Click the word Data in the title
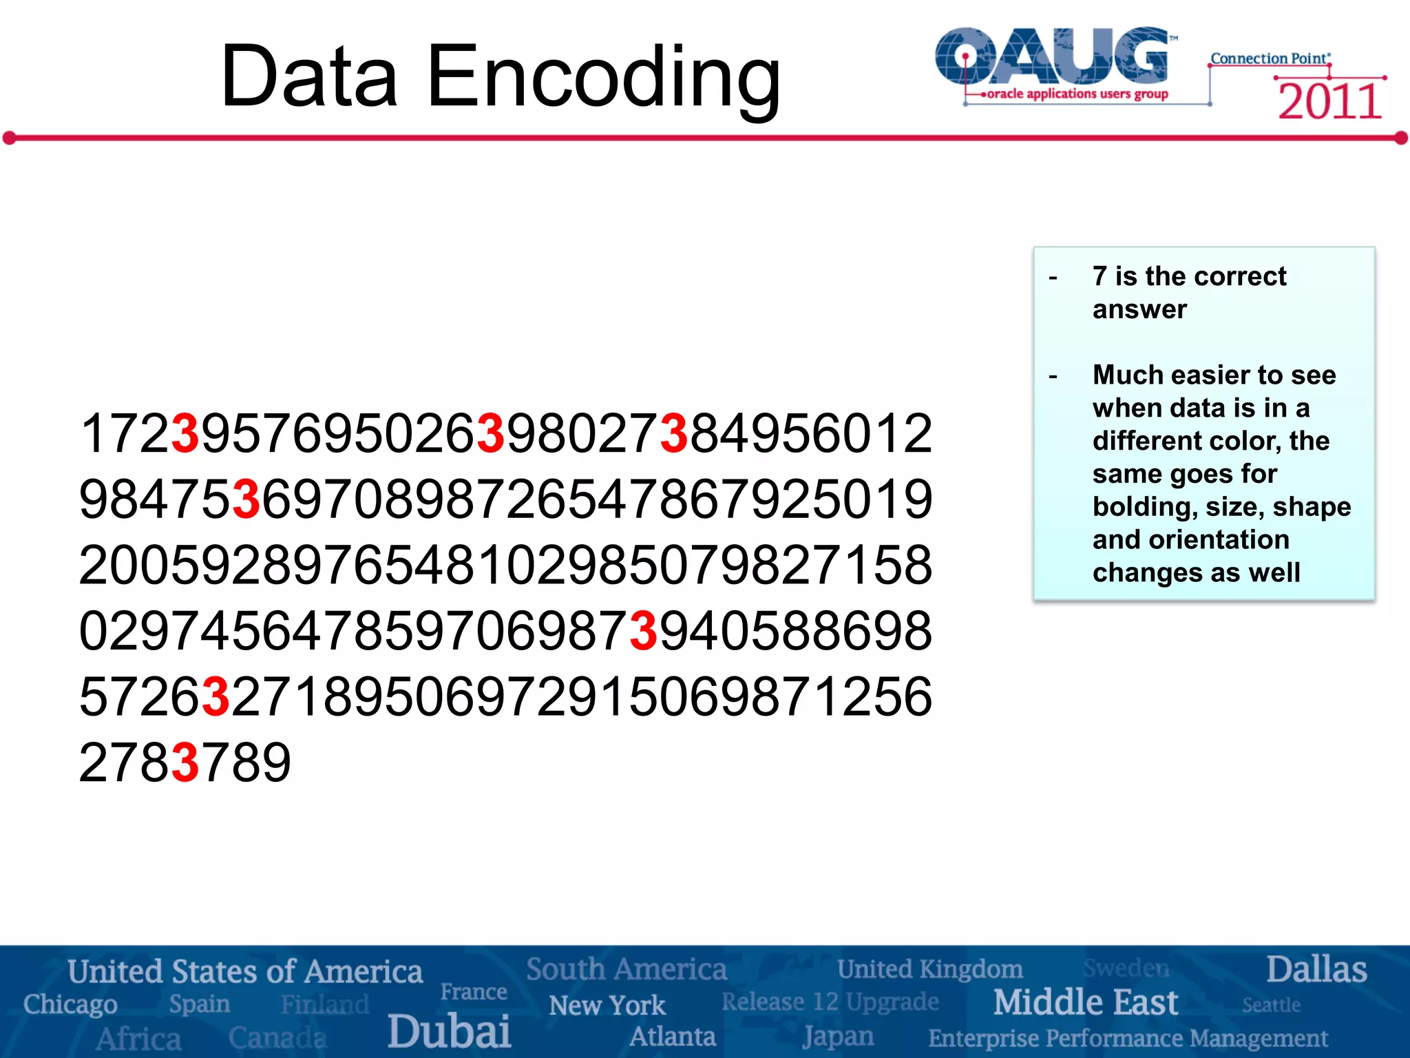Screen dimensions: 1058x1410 click(x=309, y=77)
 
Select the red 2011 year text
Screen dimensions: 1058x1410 click(x=1329, y=102)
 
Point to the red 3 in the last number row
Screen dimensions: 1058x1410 click(x=185, y=763)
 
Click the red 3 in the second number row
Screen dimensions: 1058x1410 click(x=246, y=499)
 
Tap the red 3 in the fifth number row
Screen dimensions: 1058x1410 click(x=216, y=697)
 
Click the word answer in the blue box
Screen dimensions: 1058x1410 click(x=1139, y=310)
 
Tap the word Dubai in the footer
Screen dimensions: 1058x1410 click(x=449, y=1031)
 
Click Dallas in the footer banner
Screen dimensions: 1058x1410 click(x=1316, y=969)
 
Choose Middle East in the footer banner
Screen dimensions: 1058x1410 click(x=1085, y=1002)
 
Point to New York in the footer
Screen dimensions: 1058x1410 click(x=607, y=1006)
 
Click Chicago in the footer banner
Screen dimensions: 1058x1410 click(x=70, y=1004)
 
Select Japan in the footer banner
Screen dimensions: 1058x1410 click(x=838, y=1036)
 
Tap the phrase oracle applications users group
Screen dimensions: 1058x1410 click(x=1077, y=94)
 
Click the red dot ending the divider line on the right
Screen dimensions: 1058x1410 click(x=1401, y=138)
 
